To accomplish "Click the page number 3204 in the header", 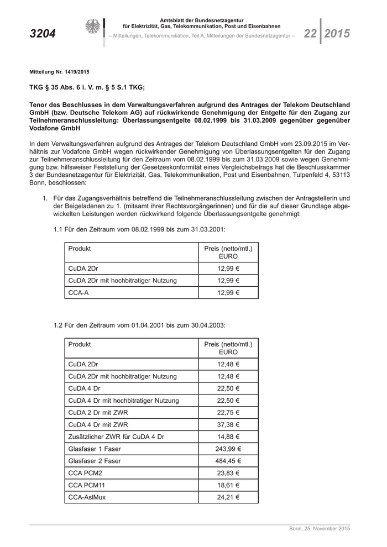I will tap(43, 34).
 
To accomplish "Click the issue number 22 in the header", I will tap(310, 34).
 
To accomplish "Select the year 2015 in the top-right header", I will tap(337, 34).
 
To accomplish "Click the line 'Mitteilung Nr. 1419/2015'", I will tap(59, 72).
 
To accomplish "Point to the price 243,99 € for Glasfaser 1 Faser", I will tap(228, 449).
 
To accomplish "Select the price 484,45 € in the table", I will tap(228, 461).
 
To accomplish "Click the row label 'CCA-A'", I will tap(79, 292).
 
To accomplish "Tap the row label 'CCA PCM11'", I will tap(87, 485).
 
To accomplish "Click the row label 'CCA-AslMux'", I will tap(87, 497).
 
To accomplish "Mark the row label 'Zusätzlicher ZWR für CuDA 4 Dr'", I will tap(116, 436).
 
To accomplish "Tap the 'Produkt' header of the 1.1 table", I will tap(80, 249).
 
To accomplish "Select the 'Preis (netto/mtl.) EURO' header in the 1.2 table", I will tap(228, 348).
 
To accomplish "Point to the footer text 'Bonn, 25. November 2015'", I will tap(320, 529).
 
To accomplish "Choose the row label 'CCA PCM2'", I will tap(85, 473).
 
